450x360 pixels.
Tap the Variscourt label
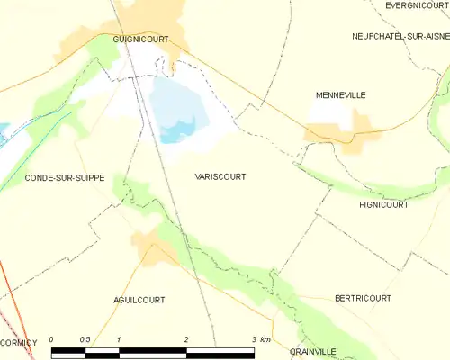click(220, 177)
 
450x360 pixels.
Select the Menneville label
click(341, 94)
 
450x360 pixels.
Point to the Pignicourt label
click(382, 204)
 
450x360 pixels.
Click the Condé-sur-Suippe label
click(65, 178)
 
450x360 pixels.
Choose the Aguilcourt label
click(139, 299)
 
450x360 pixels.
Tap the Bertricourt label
click(362, 297)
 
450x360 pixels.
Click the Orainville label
click(312, 352)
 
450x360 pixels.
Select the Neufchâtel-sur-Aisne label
click(400, 36)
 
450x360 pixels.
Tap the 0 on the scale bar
click(52, 339)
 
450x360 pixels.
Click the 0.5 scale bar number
click(85, 339)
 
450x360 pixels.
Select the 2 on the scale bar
click(186, 339)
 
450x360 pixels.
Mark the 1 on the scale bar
click(119, 339)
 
